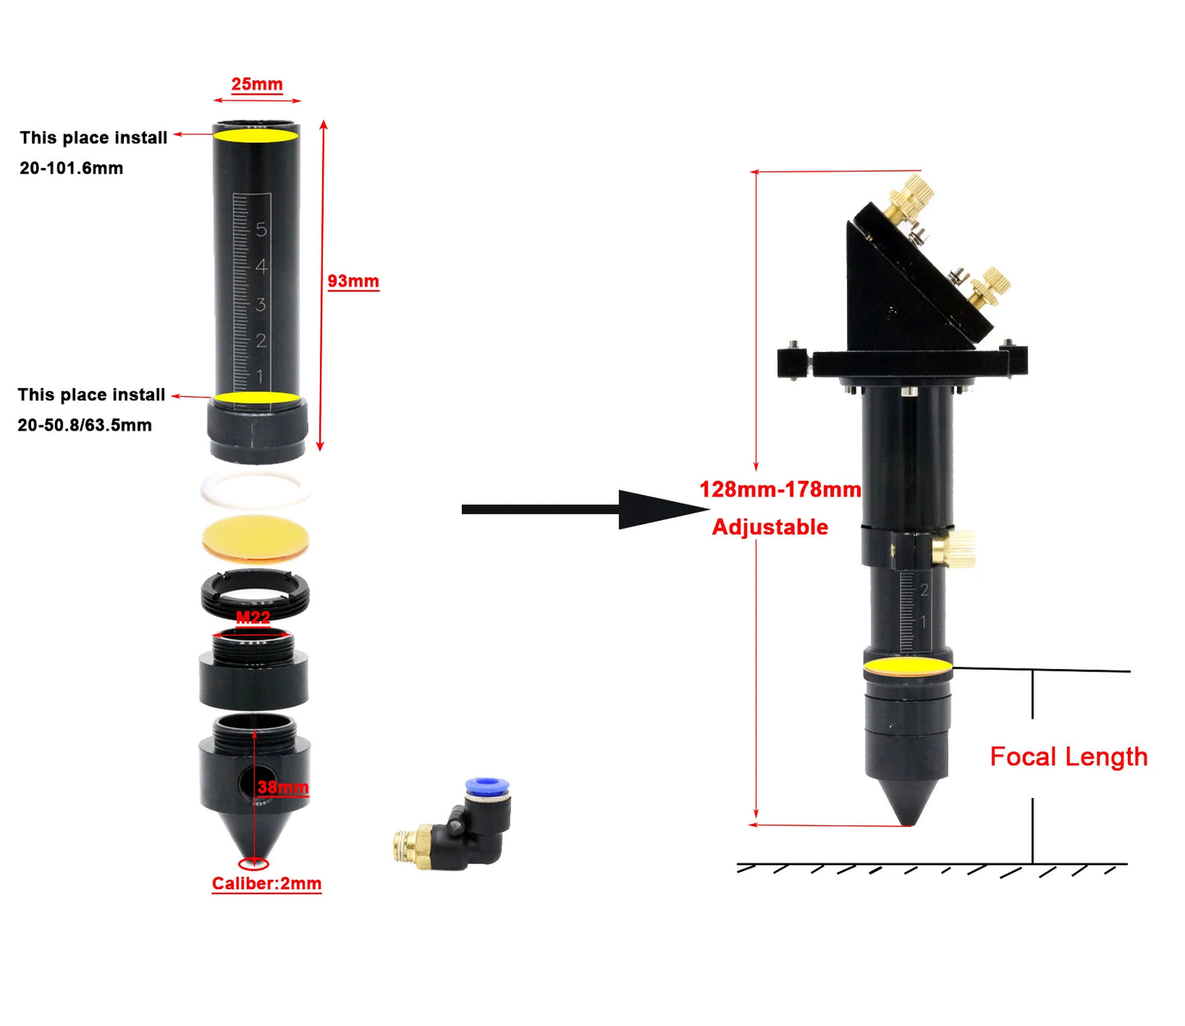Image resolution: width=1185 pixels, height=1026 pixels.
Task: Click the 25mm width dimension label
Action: [257, 84]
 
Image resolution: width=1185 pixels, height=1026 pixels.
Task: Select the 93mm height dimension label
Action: [353, 281]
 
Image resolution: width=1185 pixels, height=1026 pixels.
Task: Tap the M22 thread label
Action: [253, 617]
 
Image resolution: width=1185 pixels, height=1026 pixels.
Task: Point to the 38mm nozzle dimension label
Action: [283, 787]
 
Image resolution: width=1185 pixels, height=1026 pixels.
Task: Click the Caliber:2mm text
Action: [267, 883]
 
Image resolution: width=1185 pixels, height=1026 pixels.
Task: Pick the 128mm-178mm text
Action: [780, 489]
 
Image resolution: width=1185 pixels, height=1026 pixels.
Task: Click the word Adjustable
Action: [770, 527]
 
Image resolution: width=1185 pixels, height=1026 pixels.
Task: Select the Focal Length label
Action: [1069, 757]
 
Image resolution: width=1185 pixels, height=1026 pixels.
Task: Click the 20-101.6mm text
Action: [71, 168]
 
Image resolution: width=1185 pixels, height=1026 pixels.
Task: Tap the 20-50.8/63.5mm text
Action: [84, 425]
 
